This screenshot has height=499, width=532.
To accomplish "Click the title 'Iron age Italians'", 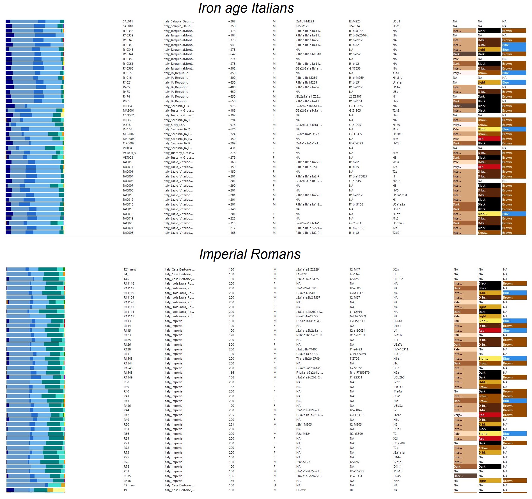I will (x=246, y=8).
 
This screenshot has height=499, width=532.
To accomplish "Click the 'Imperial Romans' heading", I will (x=250, y=254).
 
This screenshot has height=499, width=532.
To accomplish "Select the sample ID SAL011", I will (x=128, y=21).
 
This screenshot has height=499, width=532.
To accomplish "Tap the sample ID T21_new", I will (x=130, y=269).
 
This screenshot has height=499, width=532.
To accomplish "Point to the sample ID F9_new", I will (x=129, y=485).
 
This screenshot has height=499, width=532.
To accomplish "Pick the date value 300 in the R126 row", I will (x=231, y=345).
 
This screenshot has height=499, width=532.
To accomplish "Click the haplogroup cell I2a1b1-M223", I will (x=305, y=21).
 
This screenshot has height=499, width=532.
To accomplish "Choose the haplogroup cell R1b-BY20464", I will (x=358, y=35).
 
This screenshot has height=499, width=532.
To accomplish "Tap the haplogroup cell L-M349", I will (x=356, y=274).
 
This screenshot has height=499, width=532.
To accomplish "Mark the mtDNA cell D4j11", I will (x=397, y=466).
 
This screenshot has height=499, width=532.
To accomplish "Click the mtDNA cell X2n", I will (x=396, y=269).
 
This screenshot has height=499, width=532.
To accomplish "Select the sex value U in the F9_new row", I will (x=275, y=485).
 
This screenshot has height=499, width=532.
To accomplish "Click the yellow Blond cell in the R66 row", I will (x=490, y=434).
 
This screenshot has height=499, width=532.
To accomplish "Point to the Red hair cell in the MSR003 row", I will (x=489, y=139).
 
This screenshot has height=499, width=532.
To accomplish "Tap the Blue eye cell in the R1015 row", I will (x=514, y=73).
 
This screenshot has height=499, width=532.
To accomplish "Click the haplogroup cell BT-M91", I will (x=301, y=490).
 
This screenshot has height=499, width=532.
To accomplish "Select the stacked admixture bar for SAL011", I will (x=35, y=21).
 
